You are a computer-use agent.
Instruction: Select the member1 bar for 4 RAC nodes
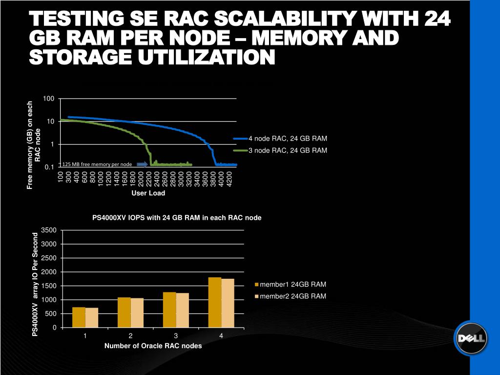coord(215,302)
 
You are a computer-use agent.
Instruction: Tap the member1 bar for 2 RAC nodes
coord(124,312)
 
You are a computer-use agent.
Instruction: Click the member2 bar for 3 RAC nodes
coord(183,310)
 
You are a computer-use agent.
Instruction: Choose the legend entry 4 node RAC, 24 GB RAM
coord(288,138)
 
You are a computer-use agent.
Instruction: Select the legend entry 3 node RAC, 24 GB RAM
coord(288,150)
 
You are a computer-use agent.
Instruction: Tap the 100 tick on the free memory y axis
coord(48,99)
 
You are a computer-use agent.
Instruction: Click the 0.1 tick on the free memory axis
coord(49,167)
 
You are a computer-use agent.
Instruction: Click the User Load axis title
coord(148,193)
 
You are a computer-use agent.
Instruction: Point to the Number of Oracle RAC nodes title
coord(153,346)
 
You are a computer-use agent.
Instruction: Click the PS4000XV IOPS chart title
coord(177,218)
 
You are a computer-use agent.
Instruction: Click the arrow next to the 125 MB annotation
coord(142,164)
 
